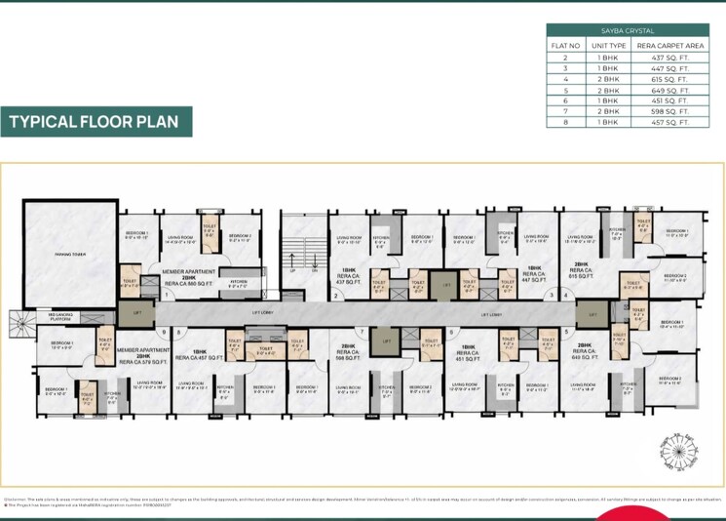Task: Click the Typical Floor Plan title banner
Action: point(96,122)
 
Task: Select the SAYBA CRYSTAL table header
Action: point(623,31)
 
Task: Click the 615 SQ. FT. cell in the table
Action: point(669,79)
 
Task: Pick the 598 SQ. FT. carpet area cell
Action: point(669,111)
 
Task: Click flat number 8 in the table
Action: point(565,122)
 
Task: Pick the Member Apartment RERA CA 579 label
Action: point(142,355)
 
